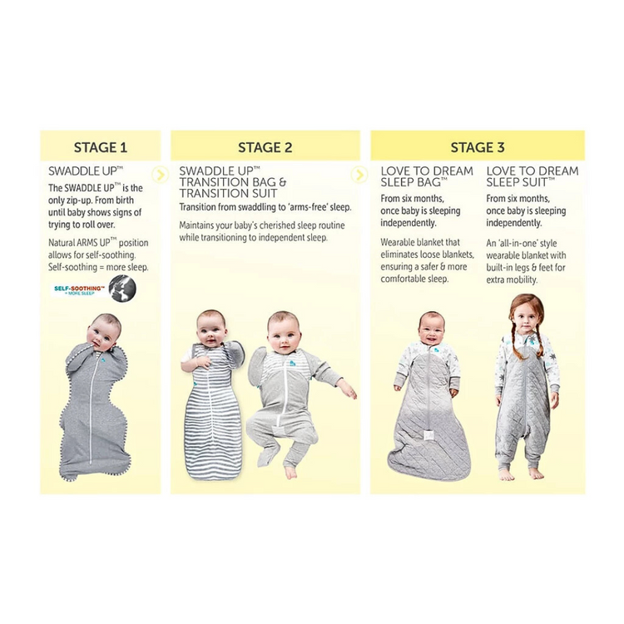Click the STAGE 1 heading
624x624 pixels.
(101, 147)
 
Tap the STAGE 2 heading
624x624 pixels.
(265, 147)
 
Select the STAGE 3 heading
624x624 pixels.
(478, 147)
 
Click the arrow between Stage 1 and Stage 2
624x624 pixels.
(160, 175)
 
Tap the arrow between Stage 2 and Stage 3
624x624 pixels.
(359, 175)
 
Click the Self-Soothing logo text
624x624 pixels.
(80, 290)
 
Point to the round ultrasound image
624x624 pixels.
(122, 288)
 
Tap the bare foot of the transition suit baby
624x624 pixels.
(290, 471)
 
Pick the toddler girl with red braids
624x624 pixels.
(526, 387)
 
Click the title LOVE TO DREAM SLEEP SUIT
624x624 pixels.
(532, 176)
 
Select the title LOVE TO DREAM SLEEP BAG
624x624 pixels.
(427, 176)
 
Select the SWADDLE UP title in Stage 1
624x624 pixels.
(86, 171)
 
